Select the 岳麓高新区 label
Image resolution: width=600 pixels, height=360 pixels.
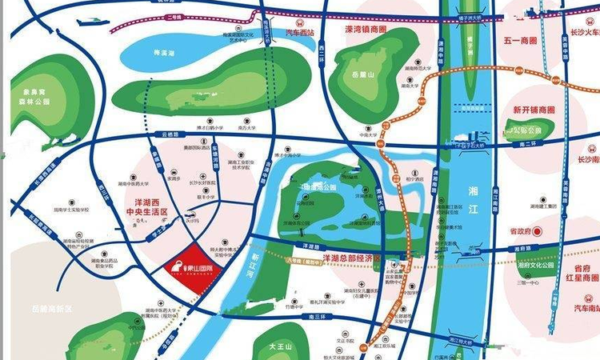pos(53,309)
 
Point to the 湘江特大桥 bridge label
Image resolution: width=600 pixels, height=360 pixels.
pos(462,342)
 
